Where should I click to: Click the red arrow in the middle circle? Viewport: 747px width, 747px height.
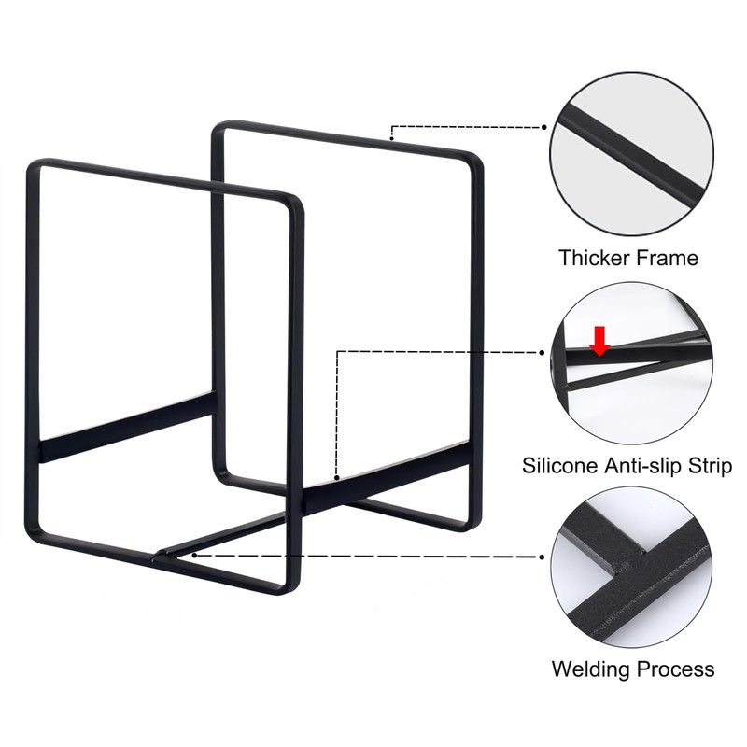[x=599, y=341]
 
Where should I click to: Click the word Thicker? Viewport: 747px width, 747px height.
[x=593, y=258]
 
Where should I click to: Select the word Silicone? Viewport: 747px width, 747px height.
[x=559, y=465]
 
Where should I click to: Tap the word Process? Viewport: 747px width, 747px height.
[x=674, y=669]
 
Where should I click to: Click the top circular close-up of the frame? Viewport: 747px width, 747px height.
[x=632, y=154]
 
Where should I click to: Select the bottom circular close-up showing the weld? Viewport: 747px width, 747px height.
[x=632, y=567]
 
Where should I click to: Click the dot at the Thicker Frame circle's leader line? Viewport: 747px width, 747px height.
[x=544, y=127]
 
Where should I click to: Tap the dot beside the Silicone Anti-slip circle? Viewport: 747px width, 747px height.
[x=543, y=353]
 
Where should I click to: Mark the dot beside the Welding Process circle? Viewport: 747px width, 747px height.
[x=543, y=557]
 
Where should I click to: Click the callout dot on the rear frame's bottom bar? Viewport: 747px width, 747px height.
[x=337, y=477]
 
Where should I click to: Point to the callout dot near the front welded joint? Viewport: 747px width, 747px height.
[x=194, y=555]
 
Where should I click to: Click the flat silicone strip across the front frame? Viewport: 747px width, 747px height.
[x=126, y=428]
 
